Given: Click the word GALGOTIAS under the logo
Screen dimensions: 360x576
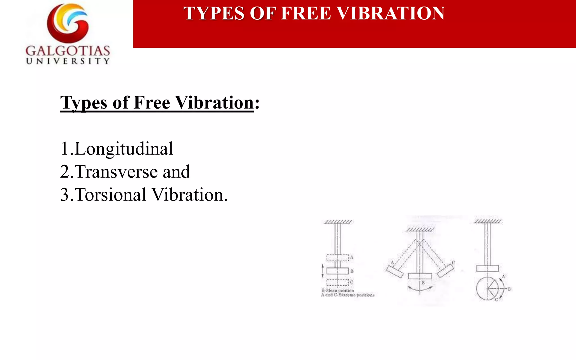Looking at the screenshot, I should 68,51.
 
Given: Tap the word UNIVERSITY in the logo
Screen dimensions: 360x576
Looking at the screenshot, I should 68,61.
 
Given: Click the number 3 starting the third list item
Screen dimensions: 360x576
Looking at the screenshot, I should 64,195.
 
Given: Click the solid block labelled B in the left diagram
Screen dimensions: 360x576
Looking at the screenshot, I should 337,271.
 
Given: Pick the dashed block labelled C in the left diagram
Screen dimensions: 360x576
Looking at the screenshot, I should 337,282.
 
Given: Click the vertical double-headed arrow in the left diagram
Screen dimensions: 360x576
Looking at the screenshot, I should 323,271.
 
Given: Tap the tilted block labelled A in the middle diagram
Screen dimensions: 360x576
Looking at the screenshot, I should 395,271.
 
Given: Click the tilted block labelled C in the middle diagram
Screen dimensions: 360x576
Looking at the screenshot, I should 445,271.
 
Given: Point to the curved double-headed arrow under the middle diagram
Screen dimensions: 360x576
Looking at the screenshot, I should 420,289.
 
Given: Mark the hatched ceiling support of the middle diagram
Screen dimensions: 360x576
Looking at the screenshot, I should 420,230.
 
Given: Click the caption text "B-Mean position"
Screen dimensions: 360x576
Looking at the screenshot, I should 338,290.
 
